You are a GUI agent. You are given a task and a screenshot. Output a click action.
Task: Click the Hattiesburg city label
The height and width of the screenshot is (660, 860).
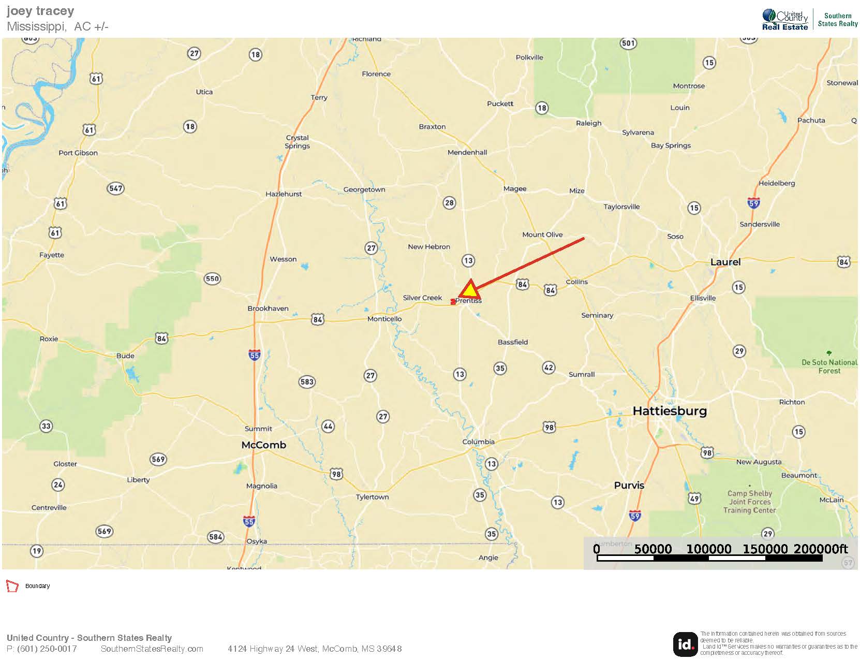coord(670,411)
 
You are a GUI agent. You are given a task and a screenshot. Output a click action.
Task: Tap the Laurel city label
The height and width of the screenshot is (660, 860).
coord(725,262)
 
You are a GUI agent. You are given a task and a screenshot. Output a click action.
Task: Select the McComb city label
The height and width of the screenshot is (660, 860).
coord(263,445)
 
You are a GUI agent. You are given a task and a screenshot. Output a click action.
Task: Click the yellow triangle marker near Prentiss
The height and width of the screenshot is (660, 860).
coord(469,290)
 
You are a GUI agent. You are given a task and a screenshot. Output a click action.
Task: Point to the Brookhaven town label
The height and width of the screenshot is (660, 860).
coord(268,309)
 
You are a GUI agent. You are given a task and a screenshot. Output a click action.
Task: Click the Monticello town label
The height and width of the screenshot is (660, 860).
coord(384,319)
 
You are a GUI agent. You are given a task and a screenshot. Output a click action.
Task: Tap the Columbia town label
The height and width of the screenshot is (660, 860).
coord(478,442)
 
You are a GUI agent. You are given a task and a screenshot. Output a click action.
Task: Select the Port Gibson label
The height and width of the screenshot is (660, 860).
coord(78,153)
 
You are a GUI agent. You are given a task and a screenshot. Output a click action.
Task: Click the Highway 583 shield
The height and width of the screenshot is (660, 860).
coord(307,382)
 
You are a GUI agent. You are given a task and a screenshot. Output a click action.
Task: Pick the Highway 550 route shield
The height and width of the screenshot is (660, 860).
coord(212,278)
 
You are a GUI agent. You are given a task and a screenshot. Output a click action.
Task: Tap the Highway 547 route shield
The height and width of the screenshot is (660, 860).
coord(116,188)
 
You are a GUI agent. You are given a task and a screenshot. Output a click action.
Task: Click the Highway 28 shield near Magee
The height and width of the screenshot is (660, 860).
coord(449,202)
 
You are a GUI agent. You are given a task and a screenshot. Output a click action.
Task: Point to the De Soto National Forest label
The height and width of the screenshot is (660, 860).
coord(829,366)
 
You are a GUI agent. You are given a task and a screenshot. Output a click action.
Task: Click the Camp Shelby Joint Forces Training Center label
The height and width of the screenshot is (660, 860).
coord(749,502)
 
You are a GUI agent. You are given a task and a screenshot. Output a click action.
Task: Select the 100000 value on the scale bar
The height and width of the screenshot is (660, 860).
coord(708,549)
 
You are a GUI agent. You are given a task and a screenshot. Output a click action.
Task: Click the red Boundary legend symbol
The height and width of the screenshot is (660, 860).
coord(12,586)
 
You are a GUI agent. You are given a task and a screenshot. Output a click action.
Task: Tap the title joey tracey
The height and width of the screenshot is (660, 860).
coord(40,11)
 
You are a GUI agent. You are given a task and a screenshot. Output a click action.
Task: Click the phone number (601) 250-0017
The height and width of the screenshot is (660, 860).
coord(47,649)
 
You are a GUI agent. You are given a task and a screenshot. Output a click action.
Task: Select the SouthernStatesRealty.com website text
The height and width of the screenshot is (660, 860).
coord(152,649)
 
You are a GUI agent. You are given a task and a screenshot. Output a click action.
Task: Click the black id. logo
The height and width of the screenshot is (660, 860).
coord(685,644)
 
